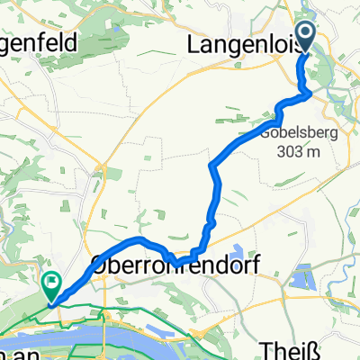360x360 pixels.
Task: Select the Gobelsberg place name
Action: tap(282, 138)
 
